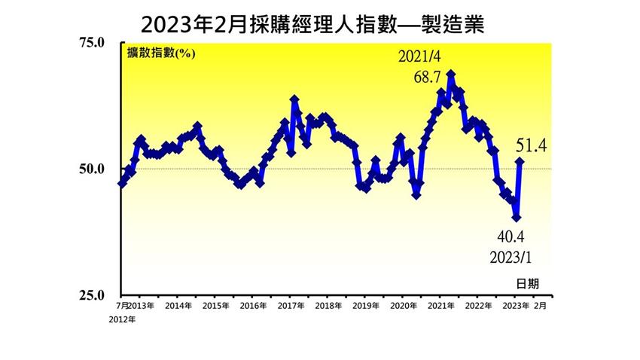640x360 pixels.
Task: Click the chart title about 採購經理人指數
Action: pyautogui.click(x=311, y=25)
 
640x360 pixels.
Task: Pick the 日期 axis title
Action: pyautogui.click(x=528, y=283)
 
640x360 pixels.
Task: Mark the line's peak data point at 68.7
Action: pyautogui.click(x=450, y=75)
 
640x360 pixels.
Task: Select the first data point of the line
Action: pyautogui.click(x=121, y=183)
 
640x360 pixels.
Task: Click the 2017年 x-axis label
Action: pyautogui.click(x=290, y=307)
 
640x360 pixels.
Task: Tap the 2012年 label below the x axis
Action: pyautogui.click(x=123, y=319)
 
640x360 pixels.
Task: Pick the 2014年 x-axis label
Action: pyautogui.click(x=178, y=307)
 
